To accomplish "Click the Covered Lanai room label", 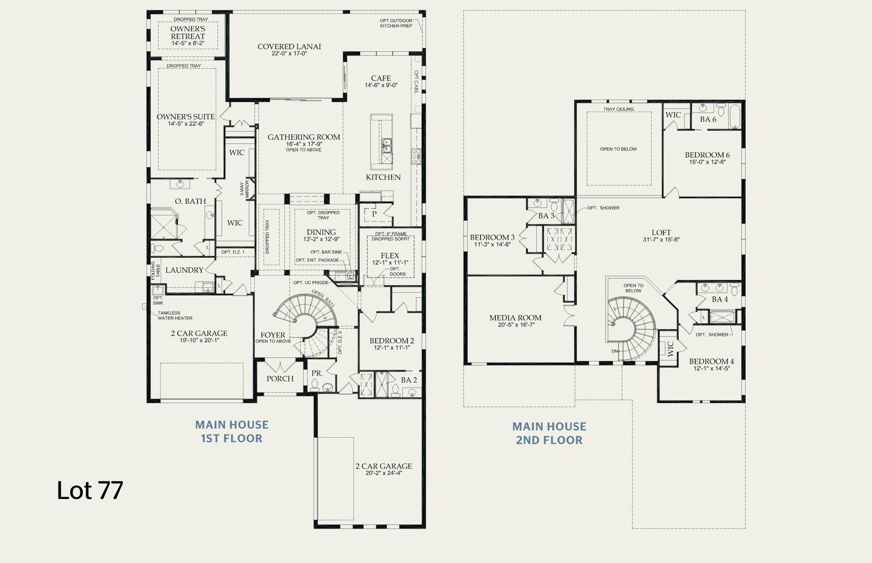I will pos(289,46).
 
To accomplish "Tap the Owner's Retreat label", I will pos(188,33).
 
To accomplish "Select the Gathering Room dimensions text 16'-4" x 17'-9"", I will pos(304,144).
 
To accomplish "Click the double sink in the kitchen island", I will pos(386,145).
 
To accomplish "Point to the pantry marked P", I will pos(374,214).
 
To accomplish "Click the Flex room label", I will pos(390,256).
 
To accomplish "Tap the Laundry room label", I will pos(184,270).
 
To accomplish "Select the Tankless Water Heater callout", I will pos(175,316).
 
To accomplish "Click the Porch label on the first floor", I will pos(280,379).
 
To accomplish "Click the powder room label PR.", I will pos(317,373).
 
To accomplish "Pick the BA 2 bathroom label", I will pos(409,380).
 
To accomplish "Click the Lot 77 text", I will pos(90,491).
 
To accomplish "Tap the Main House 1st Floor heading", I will pos(232,431).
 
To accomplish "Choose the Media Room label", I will pos(515,318).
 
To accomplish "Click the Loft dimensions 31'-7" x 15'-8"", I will pos(661,240).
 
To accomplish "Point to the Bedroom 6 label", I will pos(707,155).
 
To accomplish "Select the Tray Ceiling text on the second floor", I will pos(618,109).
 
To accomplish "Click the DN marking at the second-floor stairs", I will pos(614,351).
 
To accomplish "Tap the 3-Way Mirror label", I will pos(245,188).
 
